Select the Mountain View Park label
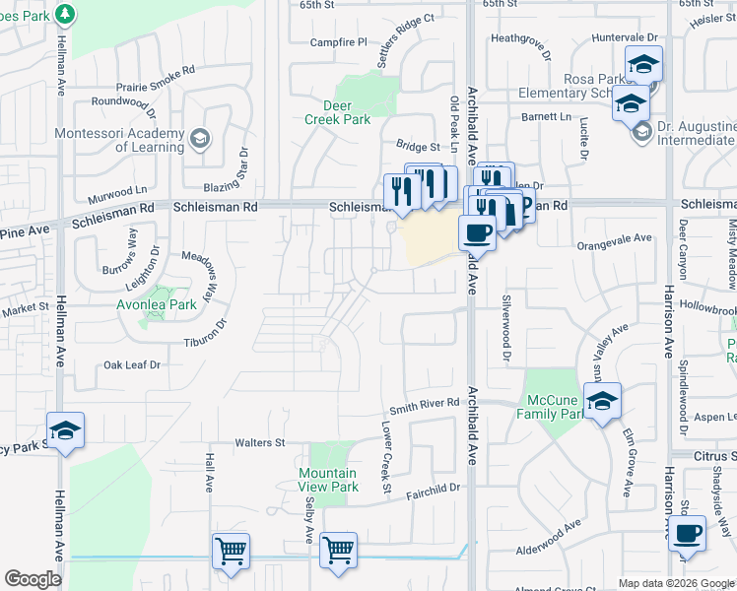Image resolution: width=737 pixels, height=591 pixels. (x=328, y=480)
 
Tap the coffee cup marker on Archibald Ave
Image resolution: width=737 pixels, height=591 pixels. (x=477, y=232)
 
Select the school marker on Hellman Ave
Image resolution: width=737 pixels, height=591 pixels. (x=65, y=430)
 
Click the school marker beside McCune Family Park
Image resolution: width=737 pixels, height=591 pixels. (x=602, y=401)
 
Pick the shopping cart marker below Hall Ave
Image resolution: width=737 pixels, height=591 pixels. (x=231, y=551)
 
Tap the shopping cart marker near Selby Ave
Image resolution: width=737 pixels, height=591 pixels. (x=338, y=551)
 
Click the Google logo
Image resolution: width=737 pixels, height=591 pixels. (x=33, y=579)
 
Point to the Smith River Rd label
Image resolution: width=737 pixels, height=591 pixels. (x=424, y=403)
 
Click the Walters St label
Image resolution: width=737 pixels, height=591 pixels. (x=259, y=443)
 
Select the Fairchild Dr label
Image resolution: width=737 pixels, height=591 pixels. (x=434, y=488)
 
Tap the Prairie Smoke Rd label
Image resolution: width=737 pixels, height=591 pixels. (x=156, y=86)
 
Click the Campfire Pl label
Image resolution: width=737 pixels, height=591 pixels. (x=338, y=42)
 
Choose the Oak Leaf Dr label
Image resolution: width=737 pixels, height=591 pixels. (x=132, y=364)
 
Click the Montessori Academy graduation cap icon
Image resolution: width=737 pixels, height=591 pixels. (x=200, y=137)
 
